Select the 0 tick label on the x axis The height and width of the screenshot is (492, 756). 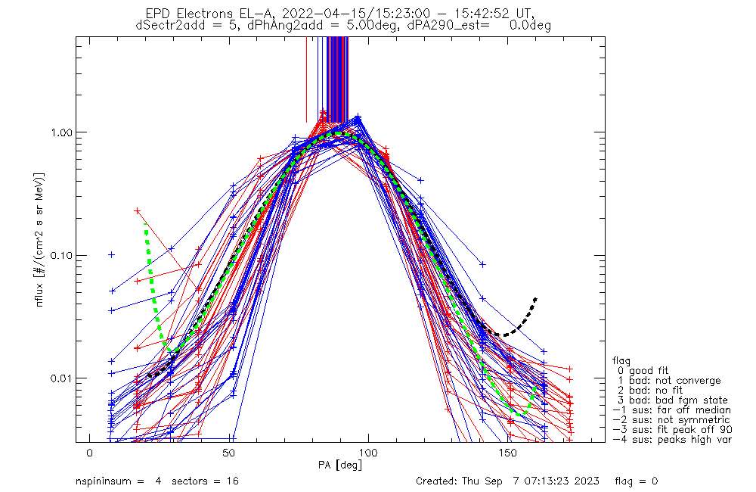(89, 453)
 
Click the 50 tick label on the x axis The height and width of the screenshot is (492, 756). (228, 453)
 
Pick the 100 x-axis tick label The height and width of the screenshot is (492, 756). (368, 453)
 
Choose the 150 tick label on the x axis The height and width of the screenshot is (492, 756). (507, 453)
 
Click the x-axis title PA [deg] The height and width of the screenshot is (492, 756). (340, 464)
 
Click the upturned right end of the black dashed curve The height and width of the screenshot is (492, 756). (535, 299)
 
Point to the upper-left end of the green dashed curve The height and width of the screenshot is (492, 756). (146, 225)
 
